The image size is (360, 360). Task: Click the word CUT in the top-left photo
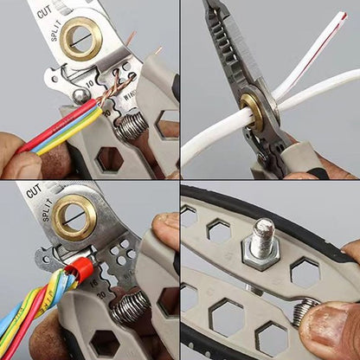(44, 12)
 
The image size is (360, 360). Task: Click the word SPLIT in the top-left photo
(55, 31)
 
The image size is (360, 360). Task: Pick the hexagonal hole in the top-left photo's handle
(109, 159)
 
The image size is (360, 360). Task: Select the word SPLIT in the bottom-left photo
(49, 210)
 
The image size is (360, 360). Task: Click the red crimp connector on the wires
(79, 269)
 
